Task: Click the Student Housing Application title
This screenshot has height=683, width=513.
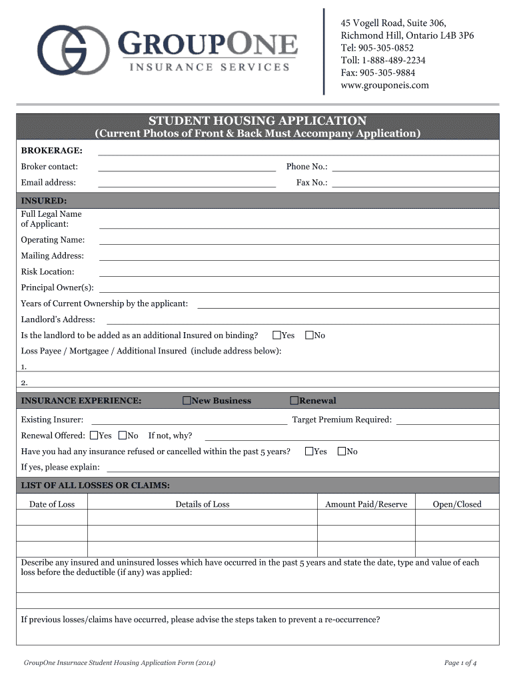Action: (257, 121)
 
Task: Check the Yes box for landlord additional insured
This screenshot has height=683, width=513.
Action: (276, 335)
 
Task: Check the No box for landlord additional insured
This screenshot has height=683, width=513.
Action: (309, 335)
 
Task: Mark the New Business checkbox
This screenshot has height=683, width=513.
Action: (187, 400)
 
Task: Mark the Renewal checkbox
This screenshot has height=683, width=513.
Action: (294, 400)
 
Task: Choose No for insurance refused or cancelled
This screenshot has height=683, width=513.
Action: (342, 452)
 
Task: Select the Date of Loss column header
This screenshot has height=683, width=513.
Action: (52, 504)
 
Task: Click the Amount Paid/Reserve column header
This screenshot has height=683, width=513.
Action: (366, 504)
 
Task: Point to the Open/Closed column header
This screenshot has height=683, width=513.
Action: (457, 504)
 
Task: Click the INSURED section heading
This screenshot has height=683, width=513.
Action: (44, 200)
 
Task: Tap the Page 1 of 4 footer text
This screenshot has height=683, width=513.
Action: (460, 662)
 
